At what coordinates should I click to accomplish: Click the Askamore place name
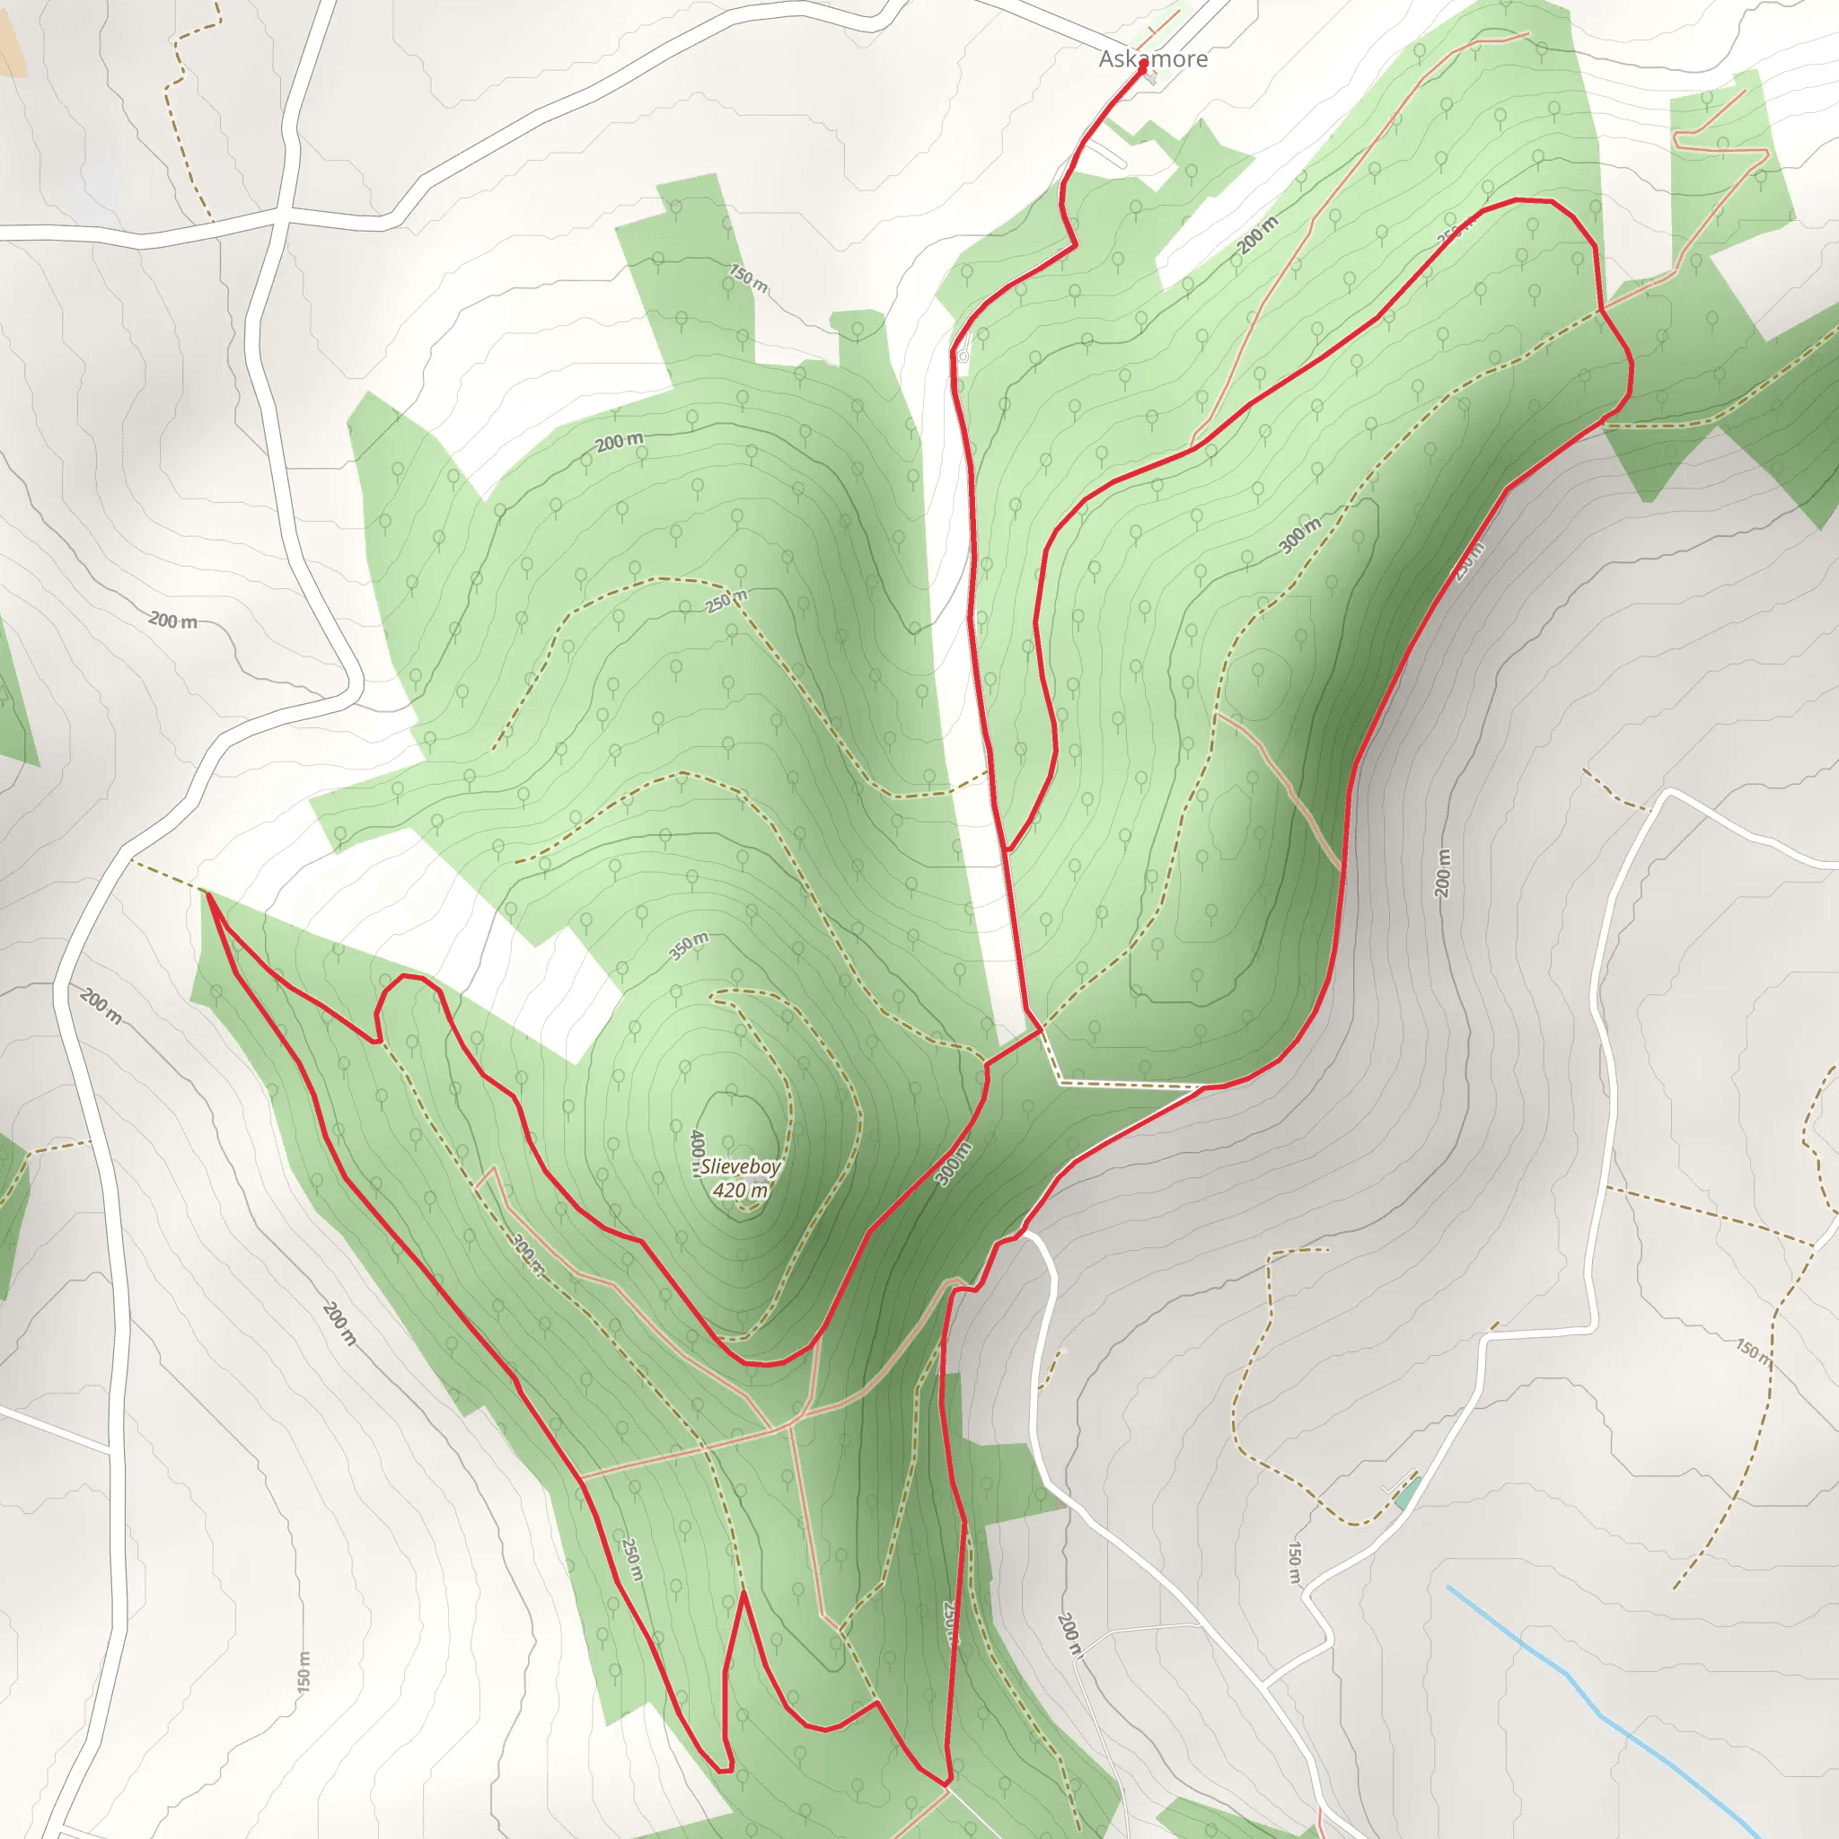pos(1153,59)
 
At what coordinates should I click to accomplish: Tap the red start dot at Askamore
pos(1142,66)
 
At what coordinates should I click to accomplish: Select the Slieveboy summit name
pos(741,1166)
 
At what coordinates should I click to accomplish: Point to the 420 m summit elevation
pos(741,1190)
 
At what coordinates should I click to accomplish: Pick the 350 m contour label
pos(688,946)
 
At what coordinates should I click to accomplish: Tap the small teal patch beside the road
pos(1407,1492)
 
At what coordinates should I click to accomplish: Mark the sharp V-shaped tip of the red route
pos(744,1594)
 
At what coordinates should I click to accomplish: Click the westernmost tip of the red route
pos(207,893)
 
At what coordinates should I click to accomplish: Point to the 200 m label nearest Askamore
pos(1257,235)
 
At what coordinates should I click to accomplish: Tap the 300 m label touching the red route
pos(953,1163)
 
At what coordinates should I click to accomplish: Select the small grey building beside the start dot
pos(1152,80)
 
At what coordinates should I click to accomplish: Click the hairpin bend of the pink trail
pos(1679,139)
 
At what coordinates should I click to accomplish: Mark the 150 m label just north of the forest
pos(748,279)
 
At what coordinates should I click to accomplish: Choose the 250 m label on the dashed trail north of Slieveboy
pos(726,602)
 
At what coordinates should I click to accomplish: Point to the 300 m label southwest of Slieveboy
pos(526,1254)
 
